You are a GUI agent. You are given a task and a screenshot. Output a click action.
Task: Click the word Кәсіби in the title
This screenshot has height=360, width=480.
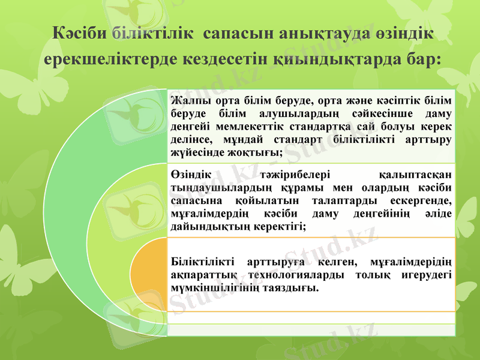(x=80, y=33)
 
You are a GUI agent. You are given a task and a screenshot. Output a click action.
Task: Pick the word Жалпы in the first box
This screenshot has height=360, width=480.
(x=185, y=100)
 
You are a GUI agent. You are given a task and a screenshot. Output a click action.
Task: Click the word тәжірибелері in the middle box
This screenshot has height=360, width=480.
(x=296, y=175)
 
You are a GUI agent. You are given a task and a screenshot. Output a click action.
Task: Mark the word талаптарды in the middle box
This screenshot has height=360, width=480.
(x=344, y=200)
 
